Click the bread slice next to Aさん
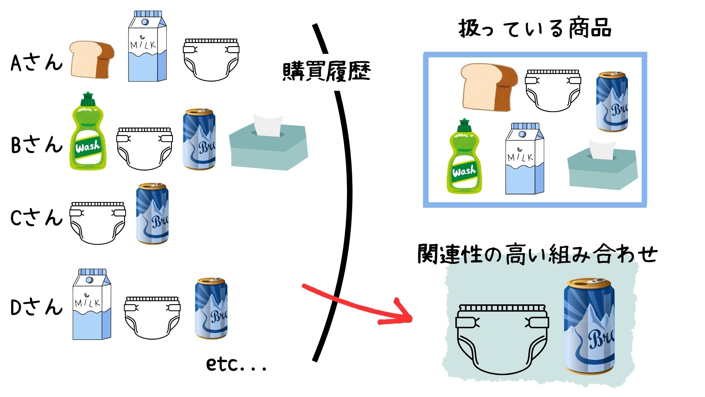tap(92, 60)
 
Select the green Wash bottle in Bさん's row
tap(88, 136)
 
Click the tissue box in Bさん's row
tap(268, 145)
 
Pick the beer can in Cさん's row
tap(152, 214)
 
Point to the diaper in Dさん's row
tap(152, 317)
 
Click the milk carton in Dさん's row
tap(92, 305)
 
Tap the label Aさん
tap(36, 62)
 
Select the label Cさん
tap(36, 218)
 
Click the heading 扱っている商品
tap(534, 28)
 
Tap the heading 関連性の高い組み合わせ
tap(537, 254)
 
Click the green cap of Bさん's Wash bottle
tap(87, 99)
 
